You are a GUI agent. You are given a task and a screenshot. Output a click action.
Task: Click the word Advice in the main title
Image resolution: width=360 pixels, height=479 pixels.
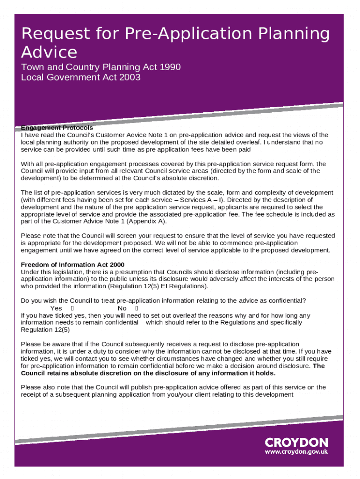[49, 51]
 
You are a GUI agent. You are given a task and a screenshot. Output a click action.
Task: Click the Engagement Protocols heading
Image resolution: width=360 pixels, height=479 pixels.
[57, 128]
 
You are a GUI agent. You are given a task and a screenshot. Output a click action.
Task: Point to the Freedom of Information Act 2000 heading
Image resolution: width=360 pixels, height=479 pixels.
[72, 265]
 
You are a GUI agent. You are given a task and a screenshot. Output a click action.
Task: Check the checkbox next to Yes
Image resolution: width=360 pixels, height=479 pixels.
[72, 309]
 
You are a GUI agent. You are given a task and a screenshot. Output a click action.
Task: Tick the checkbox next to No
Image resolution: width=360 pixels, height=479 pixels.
[137, 309]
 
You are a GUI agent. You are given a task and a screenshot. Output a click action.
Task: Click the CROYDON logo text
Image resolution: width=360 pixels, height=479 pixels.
[296, 442]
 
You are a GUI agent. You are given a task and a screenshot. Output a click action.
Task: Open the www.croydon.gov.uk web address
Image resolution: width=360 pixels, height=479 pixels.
[296, 452]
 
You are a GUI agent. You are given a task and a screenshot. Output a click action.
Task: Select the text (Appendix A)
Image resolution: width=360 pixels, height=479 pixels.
[150, 221]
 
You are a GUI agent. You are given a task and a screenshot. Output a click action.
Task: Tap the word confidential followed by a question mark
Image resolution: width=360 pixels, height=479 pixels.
[284, 300]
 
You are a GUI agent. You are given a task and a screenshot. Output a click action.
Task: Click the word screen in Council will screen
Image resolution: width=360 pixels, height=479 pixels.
[123, 236]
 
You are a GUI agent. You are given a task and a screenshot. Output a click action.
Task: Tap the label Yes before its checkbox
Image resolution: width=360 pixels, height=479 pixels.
[56, 309]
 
